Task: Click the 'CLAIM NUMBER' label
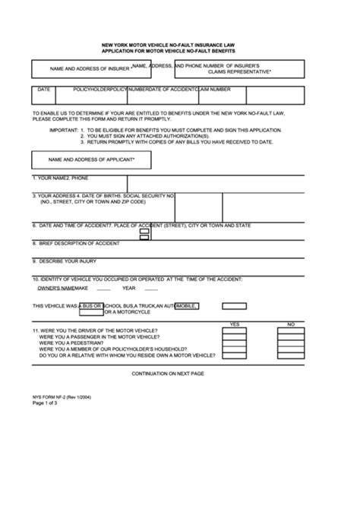point(214,90)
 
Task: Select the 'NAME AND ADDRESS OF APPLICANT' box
point(91,160)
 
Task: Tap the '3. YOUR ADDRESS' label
point(56,195)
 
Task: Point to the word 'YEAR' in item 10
point(128,289)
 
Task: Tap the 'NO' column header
point(290,324)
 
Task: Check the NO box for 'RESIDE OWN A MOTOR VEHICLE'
point(290,355)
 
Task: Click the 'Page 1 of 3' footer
point(45,405)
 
